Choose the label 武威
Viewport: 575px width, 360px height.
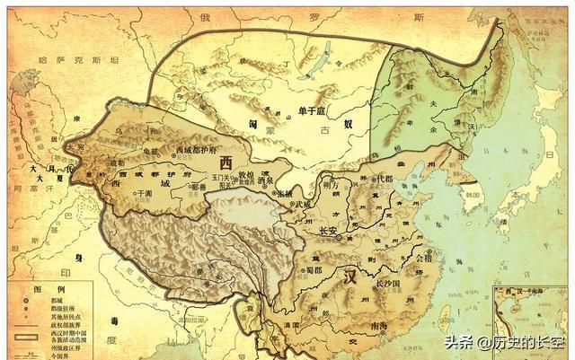[301, 205]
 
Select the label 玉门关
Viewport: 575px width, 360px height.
[220, 177]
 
